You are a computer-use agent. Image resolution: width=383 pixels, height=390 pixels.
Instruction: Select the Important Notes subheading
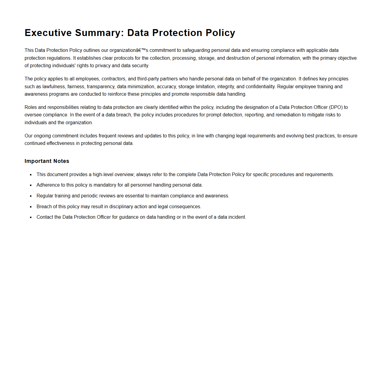click(47, 161)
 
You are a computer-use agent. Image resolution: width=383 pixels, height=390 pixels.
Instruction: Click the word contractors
click(113, 79)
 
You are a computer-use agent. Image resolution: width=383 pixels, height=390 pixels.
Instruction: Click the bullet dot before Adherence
click(31, 185)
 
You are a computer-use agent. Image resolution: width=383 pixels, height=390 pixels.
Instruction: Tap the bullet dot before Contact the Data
click(31, 217)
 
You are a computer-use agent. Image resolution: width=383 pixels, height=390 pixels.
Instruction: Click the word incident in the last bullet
click(237, 217)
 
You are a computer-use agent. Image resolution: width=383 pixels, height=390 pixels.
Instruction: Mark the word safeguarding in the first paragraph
click(196, 50)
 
